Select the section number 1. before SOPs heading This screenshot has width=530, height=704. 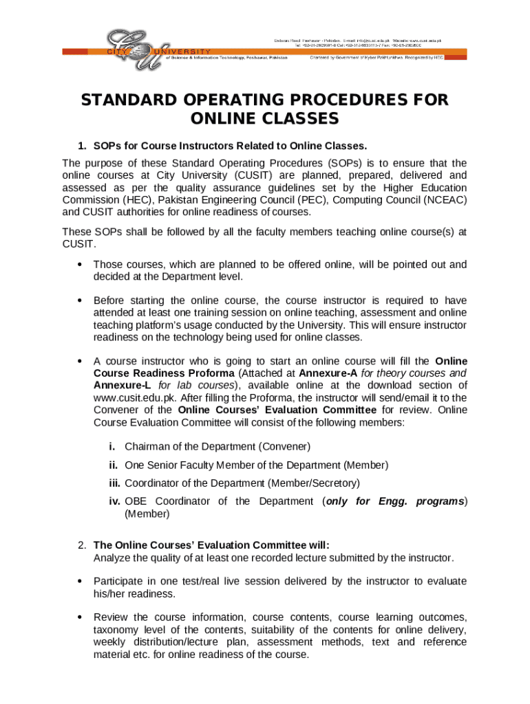(x=82, y=146)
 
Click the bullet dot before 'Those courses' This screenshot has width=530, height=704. (x=81, y=265)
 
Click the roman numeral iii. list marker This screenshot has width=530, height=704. (x=114, y=483)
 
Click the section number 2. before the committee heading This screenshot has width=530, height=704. (x=82, y=545)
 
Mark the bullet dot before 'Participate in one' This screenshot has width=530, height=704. (x=81, y=582)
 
